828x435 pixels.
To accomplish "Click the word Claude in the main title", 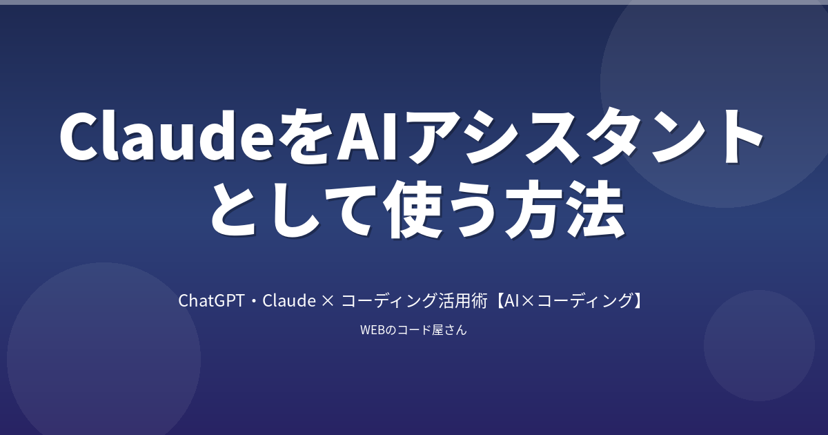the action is pyautogui.click(x=166, y=135).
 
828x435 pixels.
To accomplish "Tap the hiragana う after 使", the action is pyautogui.click(x=474, y=209).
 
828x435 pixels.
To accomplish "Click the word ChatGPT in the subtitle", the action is pyautogui.click(x=211, y=301).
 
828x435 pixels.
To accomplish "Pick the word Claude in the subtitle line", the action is pyautogui.click(x=289, y=301).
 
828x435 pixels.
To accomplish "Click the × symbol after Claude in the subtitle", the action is pyautogui.click(x=328, y=302).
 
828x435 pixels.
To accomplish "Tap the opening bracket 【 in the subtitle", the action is pyautogui.click(x=498, y=301).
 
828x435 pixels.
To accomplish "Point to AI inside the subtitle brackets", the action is pyautogui.click(x=511, y=301).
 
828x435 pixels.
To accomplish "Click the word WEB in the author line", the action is pyautogui.click(x=373, y=330).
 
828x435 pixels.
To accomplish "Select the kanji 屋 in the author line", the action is pyautogui.click(x=437, y=329).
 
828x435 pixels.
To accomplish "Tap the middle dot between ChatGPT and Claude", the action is pyautogui.click(x=254, y=301).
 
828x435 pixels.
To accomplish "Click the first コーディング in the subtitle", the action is pyautogui.click(x=389, y=301).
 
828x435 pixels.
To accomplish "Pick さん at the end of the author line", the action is pyautogui.click(x=455, y=330).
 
